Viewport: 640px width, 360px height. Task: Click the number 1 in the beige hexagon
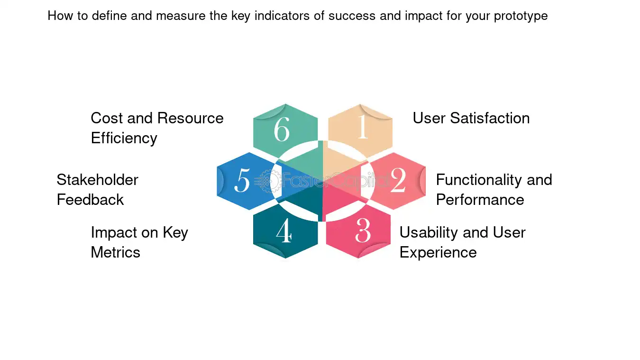pos(363,127)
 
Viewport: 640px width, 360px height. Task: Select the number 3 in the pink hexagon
pos(363,231)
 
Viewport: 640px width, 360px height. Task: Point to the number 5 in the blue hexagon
pos(242,180)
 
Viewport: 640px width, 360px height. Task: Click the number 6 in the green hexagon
pos(282,129)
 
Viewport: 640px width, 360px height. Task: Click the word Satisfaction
pos(490,118)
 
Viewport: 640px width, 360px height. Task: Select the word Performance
pos(480,200)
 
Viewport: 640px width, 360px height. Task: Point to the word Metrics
pos(115,252)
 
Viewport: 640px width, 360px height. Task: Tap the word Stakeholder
pos(98,180)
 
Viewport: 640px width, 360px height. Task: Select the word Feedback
pos(90,200)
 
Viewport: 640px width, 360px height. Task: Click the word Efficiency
pos(124,138)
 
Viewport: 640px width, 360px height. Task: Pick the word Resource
pos(190,118)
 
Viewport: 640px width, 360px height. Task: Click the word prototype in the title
pos(521,16)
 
